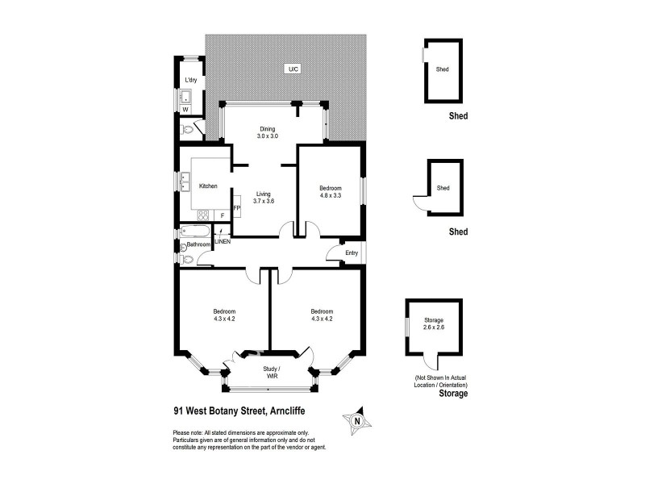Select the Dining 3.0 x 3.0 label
coord(268,132)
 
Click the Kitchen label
coord(209,186)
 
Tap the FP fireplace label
coord(236,209)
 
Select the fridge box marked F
coord(223,215)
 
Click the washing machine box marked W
coord(185,109)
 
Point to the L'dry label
coord(191,81)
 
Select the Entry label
coord(352,253)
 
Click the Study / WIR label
coord(271,373)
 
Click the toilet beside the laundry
coord(188,129)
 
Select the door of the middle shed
coord(419,202)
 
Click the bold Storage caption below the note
coord(452,394)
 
